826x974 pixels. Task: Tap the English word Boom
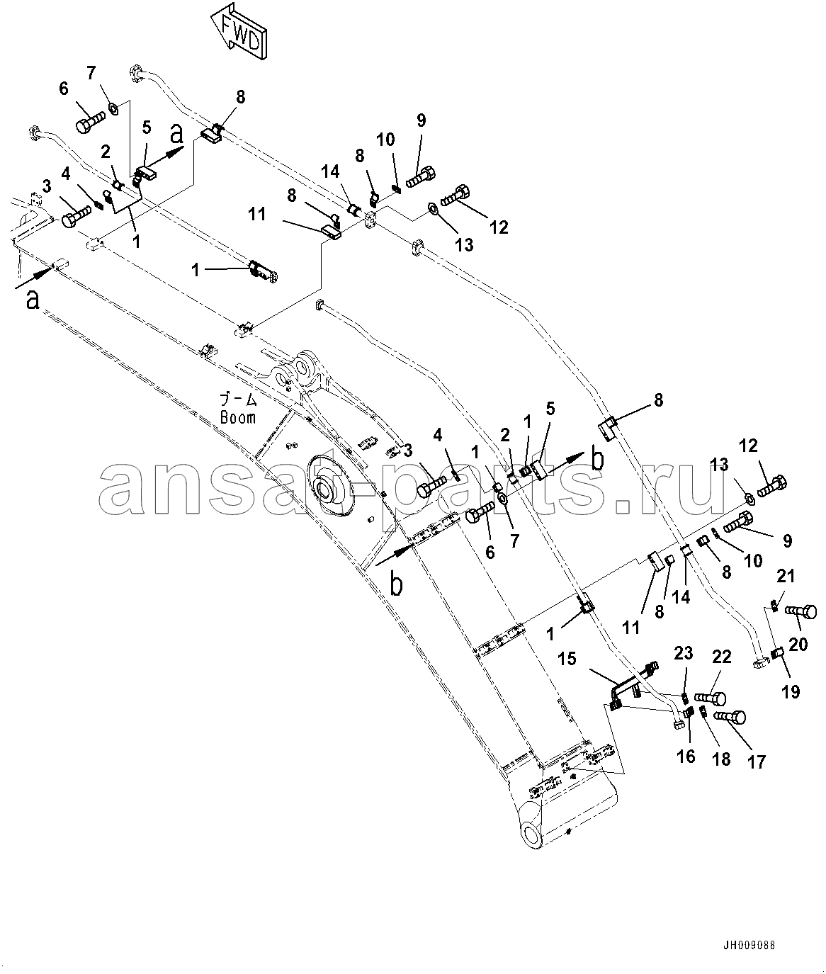[237, 417]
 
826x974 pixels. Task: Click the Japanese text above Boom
[237, 400]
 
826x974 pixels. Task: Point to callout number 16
[685, 757]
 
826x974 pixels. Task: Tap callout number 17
[756, 761]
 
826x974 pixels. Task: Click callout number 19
[791, 690]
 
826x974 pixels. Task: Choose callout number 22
[721, 657]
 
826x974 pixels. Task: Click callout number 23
[683, 654]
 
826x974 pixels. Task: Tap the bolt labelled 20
[800, 610]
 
